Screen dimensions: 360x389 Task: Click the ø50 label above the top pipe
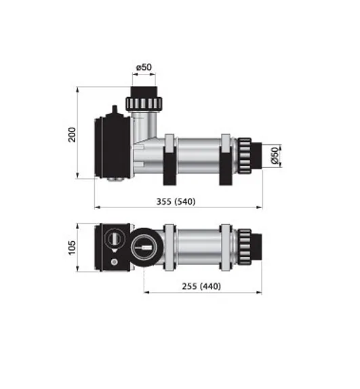144,67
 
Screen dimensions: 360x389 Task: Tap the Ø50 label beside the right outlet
275,156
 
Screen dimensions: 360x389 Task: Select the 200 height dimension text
72,135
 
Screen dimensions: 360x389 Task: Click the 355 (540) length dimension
176,201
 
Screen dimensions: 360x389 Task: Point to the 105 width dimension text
72,247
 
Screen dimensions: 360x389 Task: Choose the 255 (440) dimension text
201,286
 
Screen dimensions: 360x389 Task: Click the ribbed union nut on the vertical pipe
144,104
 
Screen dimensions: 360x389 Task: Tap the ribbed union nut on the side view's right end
245,156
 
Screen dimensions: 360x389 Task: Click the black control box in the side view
113,147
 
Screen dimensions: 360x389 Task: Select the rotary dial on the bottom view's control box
114,239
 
